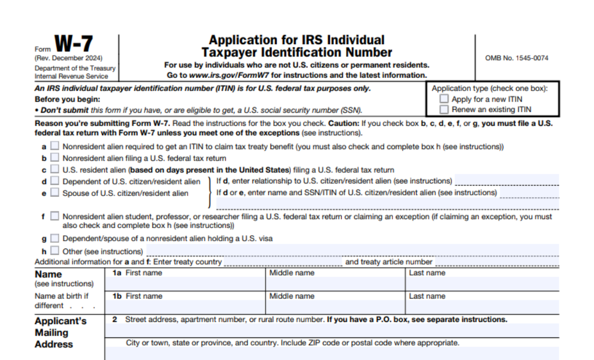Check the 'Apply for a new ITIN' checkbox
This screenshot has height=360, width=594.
[x=444, y=99]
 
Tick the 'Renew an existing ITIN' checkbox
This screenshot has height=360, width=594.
[x=444, y=109]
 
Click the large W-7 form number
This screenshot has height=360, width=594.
[x=73, y=44]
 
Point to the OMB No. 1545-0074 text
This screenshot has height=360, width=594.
[x=517, y=58]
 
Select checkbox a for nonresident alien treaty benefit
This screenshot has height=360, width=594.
[x=55, y=147]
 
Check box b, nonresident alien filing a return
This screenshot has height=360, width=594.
[x=55, y=158]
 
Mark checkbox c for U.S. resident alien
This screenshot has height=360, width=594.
[x=55, y=170]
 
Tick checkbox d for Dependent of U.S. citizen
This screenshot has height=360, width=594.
[x=55, y=181]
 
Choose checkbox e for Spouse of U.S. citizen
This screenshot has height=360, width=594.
[x=55, y=193]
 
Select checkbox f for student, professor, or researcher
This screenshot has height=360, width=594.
[x=55, y=216]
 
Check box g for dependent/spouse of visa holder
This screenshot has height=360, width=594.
[x=55, y=239]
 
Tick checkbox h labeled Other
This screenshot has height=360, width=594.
[x=55, y=251]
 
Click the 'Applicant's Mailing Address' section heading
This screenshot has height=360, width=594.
[x=60, y=332]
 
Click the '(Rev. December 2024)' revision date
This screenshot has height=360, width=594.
[x=68, y=59]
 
